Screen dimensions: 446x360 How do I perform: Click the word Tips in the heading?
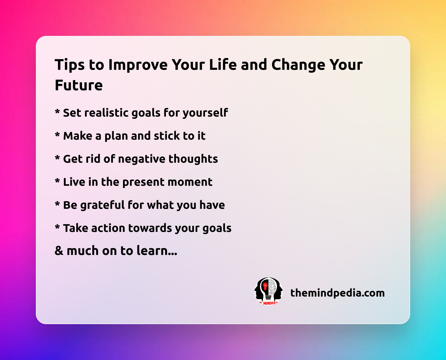point(70,65)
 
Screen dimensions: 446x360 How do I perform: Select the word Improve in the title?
point(138,65)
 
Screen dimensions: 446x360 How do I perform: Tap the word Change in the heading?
point(298,65)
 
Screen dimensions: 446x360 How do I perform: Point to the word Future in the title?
point(79,86)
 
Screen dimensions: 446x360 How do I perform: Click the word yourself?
point(205,113)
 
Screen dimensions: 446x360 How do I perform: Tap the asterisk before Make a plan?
point(57,134)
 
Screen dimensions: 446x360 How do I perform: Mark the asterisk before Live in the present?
point(57,180)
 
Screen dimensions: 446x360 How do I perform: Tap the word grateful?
point(103,205)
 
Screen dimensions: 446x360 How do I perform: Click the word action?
point(108,228)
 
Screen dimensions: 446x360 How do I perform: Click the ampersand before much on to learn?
point(59,251)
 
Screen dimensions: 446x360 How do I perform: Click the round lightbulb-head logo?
point(268,291)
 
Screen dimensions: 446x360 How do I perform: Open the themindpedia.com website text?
point(337,293)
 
